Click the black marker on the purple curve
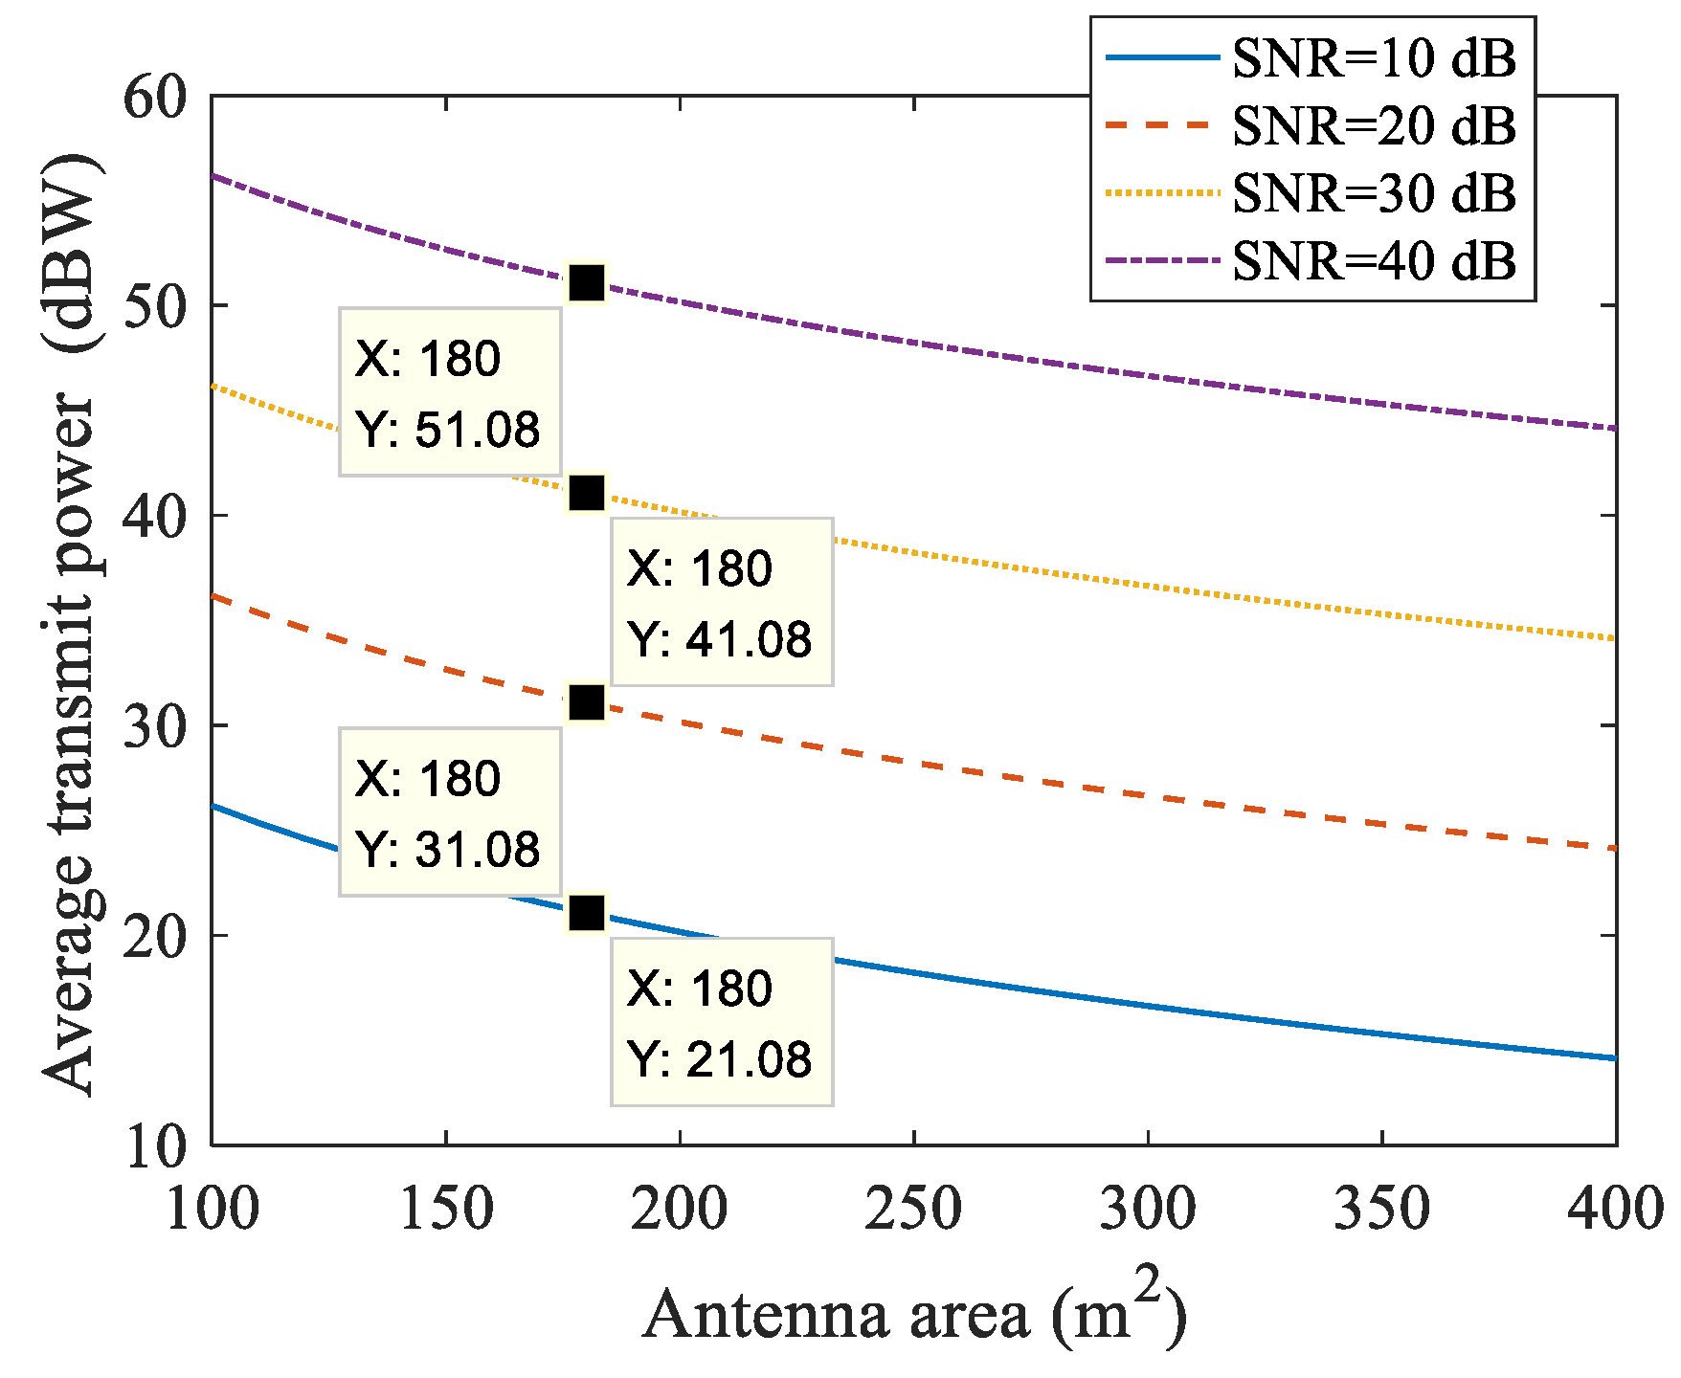(x=587, y=283)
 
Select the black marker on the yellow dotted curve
(x=587, y=493)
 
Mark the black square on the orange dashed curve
(x=587, y=703)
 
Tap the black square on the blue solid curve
(x=587, y=913)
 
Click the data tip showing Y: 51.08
(x=449, y=392)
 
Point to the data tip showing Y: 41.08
(x=722, y=602)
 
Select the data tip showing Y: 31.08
(x=449, y=812)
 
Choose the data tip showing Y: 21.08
(x=722, y=1022)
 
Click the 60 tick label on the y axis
(x=155, y=97)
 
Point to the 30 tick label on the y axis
(x=155, y=726)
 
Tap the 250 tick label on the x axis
(x=912, y=1208)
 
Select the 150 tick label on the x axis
(x=445, y=1208)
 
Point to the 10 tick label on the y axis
(x=155, y=1146)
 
